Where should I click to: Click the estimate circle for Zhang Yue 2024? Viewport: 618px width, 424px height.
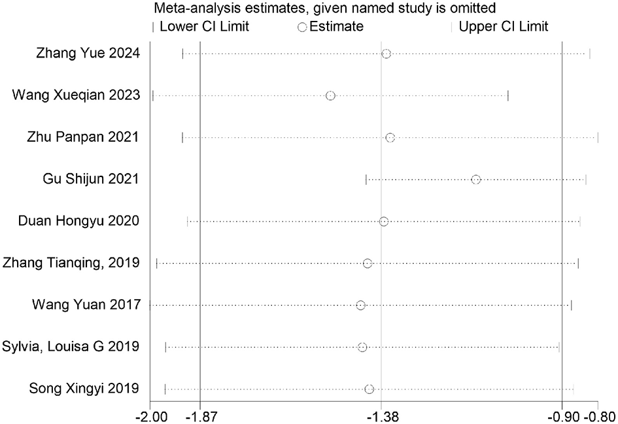[386, 54]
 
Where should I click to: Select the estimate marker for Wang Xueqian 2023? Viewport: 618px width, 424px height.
[330, 96]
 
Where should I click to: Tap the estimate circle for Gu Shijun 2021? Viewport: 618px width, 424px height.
[476, 180]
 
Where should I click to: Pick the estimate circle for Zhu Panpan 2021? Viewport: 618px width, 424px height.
[390, 138]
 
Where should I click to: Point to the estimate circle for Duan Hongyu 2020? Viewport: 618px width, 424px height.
[384, 221]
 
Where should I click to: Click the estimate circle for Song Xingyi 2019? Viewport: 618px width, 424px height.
[369, 389]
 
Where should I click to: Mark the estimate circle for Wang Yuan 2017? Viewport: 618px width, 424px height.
[361, 305]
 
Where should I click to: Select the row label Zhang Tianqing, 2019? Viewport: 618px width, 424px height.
[71, 263]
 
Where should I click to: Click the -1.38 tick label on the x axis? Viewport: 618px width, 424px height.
[381, 416]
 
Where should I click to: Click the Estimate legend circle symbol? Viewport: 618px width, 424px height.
[302, 27]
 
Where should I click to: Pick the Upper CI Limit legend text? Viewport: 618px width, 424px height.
[504, 27]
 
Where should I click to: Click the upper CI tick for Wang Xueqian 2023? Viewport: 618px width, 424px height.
[508, 96]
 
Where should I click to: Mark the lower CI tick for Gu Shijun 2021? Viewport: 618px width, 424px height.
[366, 180]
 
